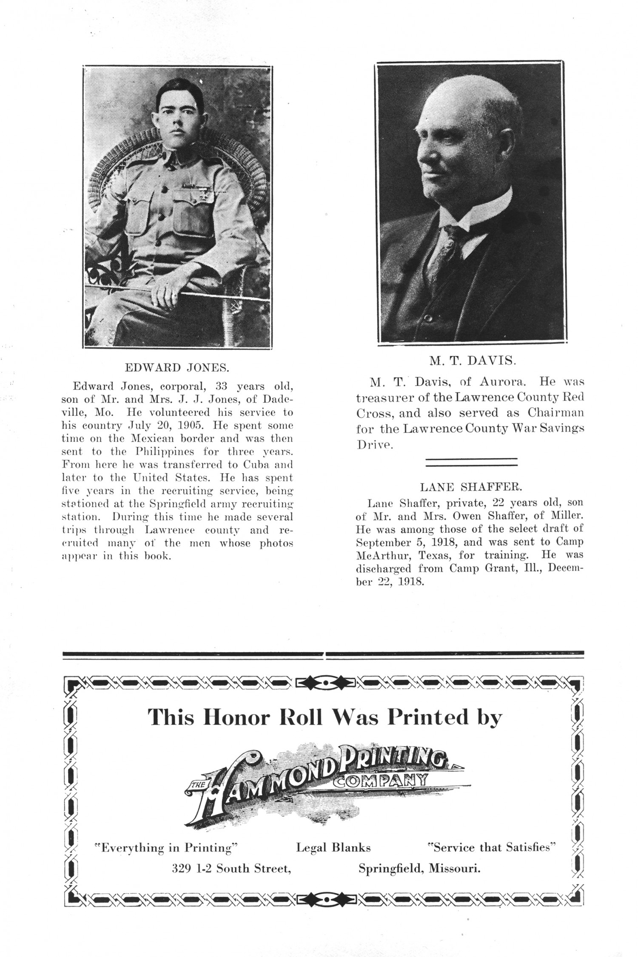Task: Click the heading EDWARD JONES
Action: pyautogui.click(x=177, y=368)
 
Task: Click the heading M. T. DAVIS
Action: pyautogui.click(x=472, y=361)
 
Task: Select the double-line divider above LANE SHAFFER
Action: pyautogui.click(x=471, y=463)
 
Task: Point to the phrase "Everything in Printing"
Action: pyautogui.click(x=165, y=847)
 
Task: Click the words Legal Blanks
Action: pyautogui.click(x=333, y=848)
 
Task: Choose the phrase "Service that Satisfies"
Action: pyautogui.click(x=492, y=847)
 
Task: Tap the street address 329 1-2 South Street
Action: pyautogui.click(x=231, y=869)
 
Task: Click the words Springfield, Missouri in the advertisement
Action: pyautogui.click(x=419, y=869)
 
